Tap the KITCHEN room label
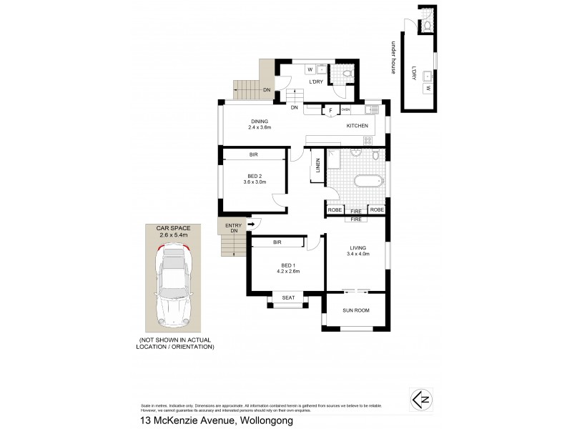357,126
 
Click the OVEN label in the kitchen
345,110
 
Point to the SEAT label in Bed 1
289,297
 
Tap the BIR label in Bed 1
276,243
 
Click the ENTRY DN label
233,229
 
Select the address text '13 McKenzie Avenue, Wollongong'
212,421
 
